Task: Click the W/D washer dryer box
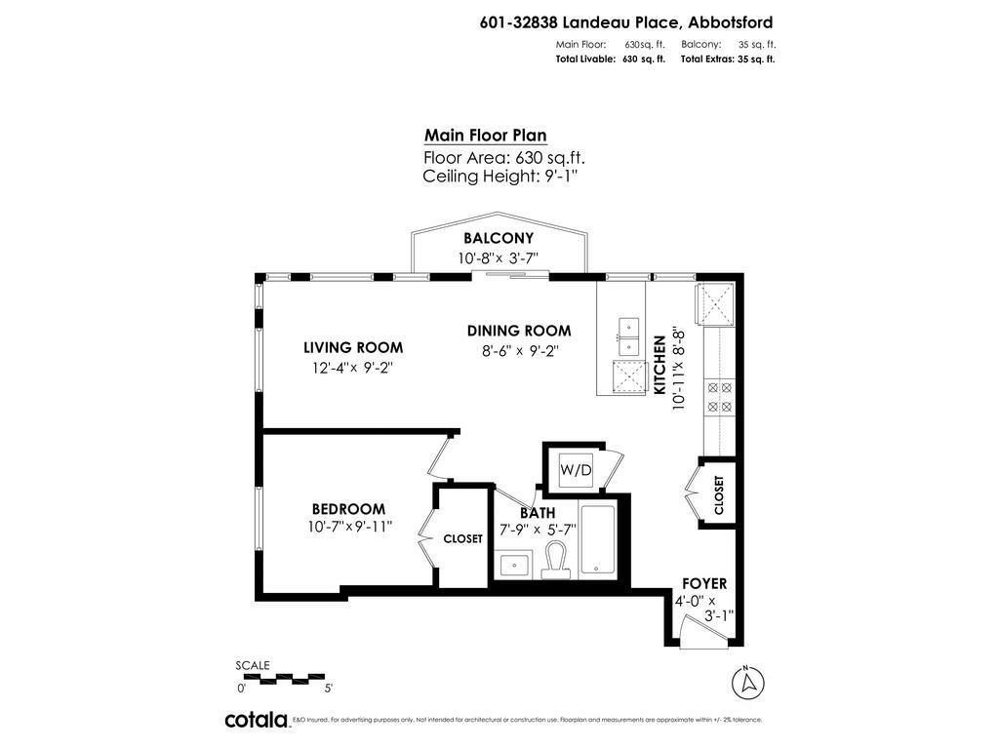point(576,470)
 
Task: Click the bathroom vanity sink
point(513,564)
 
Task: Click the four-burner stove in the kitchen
point(719,396)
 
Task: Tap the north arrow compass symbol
point(746,682)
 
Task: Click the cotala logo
point(257,720)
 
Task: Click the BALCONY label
point(499,238)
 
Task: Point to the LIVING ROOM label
point(352,347)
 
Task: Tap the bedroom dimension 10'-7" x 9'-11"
point(349,527)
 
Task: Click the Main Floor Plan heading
point(485,136)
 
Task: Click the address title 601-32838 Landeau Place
point(626,22)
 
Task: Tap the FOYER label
point(704,583)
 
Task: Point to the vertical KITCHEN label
point(659,365)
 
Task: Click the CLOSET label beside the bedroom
point(462,538)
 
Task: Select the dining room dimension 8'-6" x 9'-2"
point(518,350)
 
